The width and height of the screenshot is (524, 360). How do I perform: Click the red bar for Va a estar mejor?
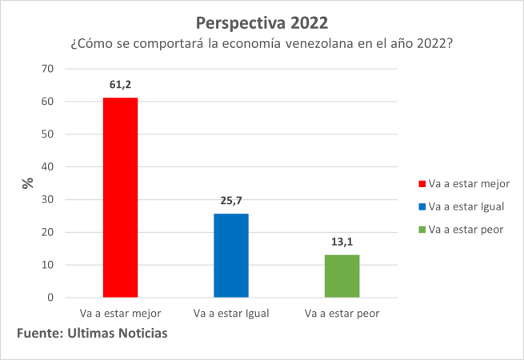tap(121, 198)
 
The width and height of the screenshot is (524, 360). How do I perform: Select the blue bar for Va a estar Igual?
tap(231, 255)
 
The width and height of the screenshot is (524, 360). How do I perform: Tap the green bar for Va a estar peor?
tap(342, 276)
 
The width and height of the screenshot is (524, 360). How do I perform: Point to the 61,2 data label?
tap(121, 84)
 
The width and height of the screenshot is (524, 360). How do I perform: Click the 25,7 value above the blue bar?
tap(231, 200)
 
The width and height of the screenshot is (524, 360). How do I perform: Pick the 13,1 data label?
tap(342, 241)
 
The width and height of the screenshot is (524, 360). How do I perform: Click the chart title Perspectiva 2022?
tap(262, 18)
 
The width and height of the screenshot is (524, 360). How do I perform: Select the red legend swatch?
tap(421, 184)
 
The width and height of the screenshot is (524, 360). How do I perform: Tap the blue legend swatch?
tap(421, 207)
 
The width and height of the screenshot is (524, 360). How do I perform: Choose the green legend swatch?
tap(421, 230)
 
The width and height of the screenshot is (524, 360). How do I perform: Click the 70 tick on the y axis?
tap(47, 69)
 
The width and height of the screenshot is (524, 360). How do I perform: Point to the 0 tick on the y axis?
tap(50, 298)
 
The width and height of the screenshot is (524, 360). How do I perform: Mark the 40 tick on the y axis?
tap(47, 167)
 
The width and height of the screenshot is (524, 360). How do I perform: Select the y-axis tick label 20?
tap(47, 233)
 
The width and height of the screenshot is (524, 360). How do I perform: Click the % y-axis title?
tap(27, 183)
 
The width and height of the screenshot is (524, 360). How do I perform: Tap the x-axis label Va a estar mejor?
tap(121, 313)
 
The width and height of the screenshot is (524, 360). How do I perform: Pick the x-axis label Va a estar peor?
tap(342, 313)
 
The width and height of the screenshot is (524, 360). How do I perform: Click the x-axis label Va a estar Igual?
tap(231, 313)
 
